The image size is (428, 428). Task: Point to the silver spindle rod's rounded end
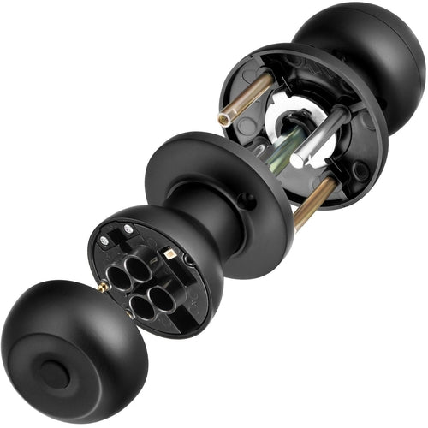(x=296, y=159)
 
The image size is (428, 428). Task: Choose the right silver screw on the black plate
(x=129, y=229)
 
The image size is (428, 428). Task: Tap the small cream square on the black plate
(x=171, y=254)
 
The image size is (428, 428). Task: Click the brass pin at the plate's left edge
(x=103, y=288)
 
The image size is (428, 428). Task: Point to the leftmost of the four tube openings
(x=117, y=276)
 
